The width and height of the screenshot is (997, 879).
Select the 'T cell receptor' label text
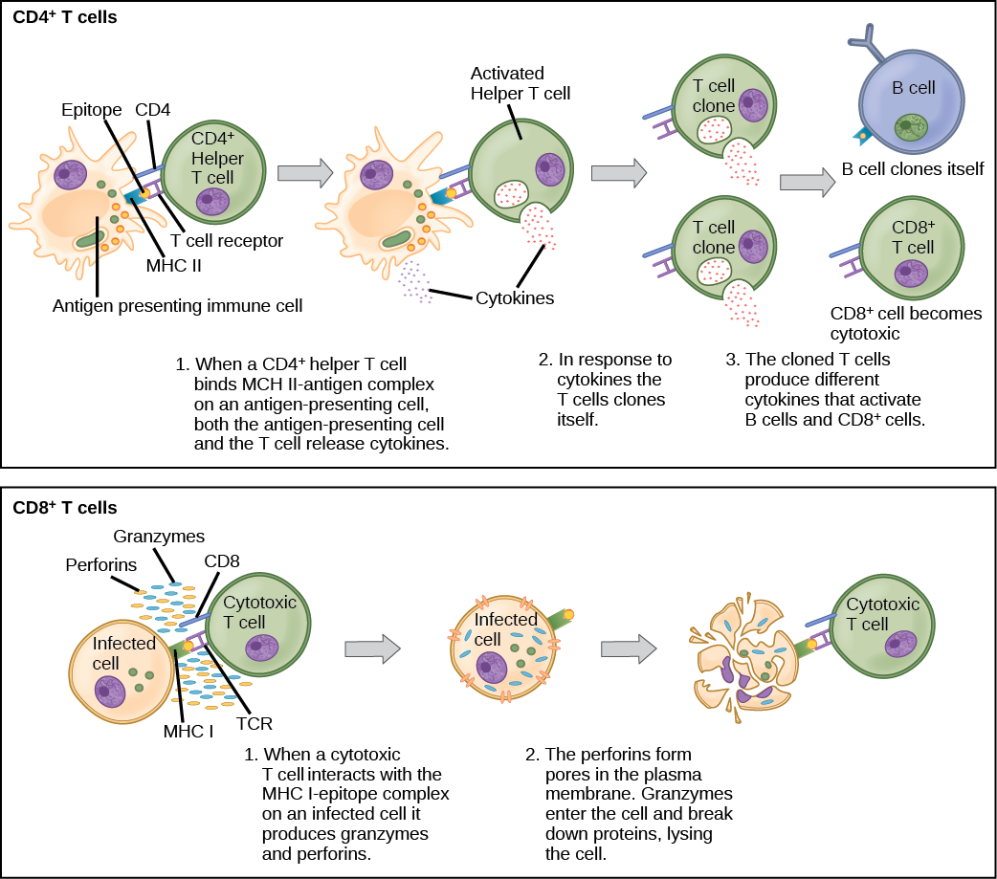coord(227,240)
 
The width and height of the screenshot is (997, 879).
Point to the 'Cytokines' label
coord(514,298)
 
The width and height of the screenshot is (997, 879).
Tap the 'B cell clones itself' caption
coord(912,169)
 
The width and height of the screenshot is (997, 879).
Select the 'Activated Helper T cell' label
coord(522,82)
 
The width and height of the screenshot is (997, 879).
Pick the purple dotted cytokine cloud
coord(415,281)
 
